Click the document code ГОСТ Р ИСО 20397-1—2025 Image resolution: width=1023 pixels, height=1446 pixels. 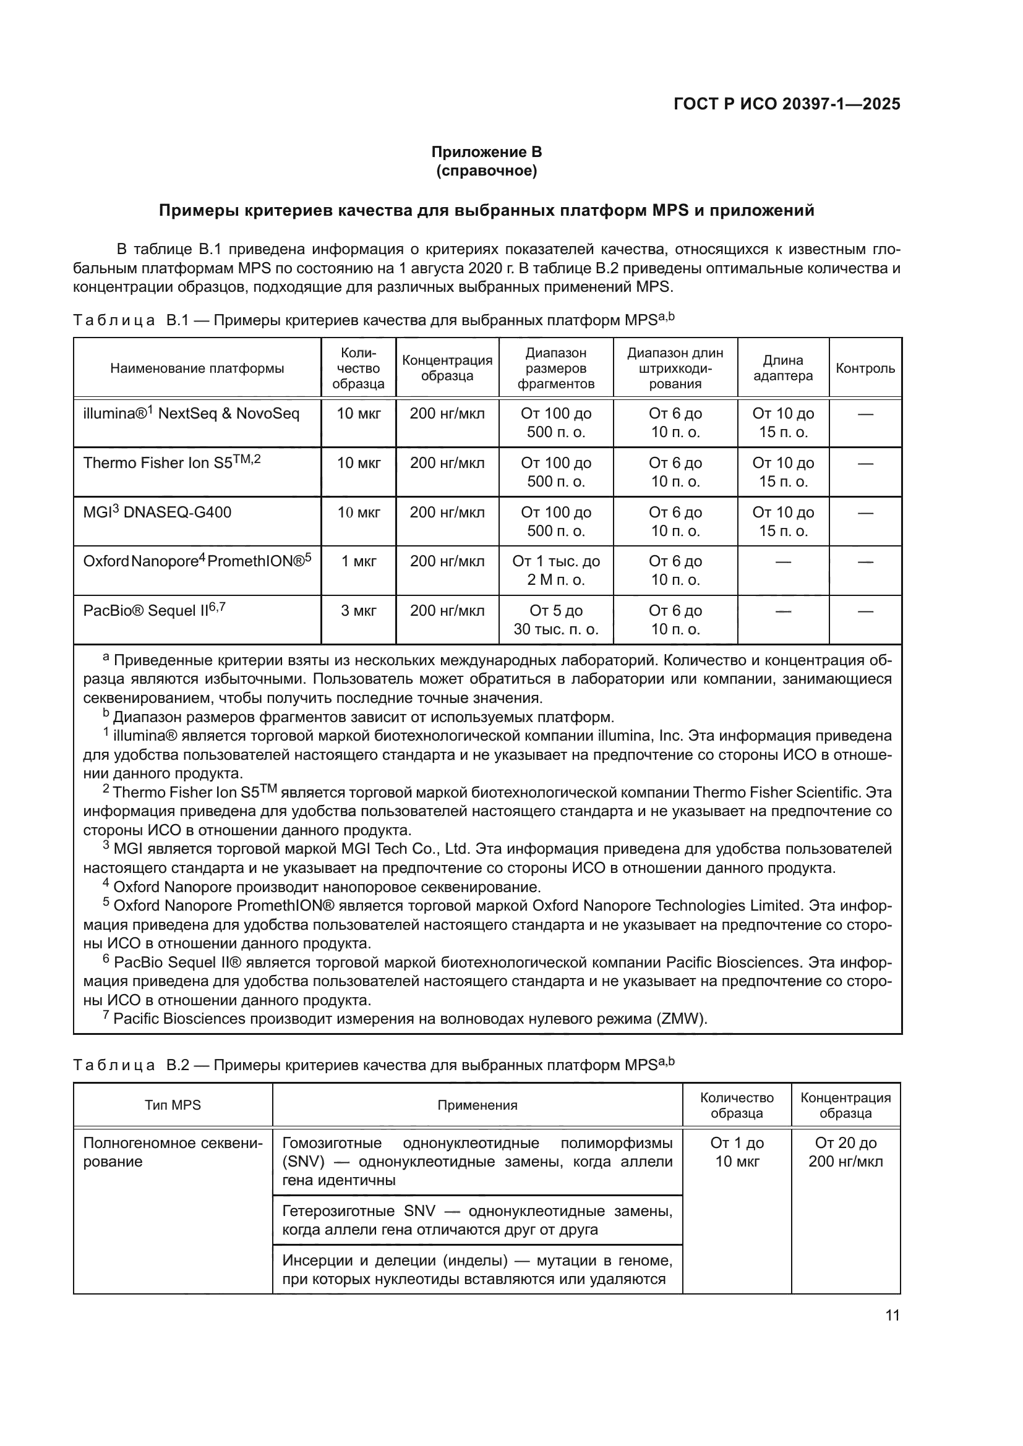(786, 104)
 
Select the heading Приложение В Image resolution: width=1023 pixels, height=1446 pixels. (486, 152)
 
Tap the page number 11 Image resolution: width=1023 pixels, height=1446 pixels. (892, 1315)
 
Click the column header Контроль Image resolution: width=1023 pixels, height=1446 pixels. (865, 368)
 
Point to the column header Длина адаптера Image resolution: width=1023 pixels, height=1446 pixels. (783, 368)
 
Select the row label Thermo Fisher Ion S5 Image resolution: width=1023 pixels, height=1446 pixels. (171, 463)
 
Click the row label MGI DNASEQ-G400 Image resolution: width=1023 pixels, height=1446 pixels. (158, 512)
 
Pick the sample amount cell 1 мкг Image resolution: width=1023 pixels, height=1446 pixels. (359, 561)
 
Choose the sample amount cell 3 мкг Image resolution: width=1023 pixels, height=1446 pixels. (359, 610)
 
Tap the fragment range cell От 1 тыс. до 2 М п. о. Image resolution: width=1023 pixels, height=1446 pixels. (555, 570)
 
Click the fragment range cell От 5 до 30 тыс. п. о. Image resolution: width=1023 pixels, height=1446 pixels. (555, 619)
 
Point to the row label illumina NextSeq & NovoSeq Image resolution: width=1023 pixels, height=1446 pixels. (191, 414)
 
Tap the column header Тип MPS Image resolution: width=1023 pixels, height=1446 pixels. (173, 1105)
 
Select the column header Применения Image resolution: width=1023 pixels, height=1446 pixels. (477, 1105)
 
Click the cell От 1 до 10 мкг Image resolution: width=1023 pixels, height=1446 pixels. (737, 1152)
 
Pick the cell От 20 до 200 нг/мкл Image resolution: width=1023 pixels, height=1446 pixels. (845, 1152)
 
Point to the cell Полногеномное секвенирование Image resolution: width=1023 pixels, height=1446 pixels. (173, 1152)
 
